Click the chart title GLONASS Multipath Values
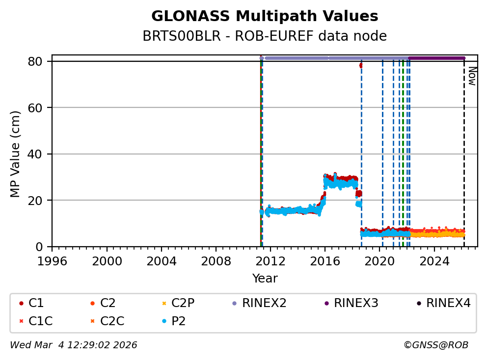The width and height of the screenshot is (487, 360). tap(265, 16)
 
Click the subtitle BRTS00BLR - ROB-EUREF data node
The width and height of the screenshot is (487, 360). tap(265, 36)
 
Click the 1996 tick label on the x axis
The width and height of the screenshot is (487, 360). tap(53, 260)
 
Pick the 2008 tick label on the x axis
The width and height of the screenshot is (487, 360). tap(216, 260)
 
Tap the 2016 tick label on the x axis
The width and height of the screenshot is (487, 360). tap(325, 260)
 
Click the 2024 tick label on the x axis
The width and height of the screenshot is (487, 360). tap(434, 260)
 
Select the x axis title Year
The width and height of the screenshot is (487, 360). tap(265, 279)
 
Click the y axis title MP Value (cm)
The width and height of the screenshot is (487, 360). tap(15, 154)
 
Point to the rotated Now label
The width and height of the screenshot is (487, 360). tap(472, 76)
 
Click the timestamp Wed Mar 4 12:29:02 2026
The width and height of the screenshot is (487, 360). tap(74, 345)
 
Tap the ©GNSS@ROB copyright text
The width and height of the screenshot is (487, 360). tap(436, 345)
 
